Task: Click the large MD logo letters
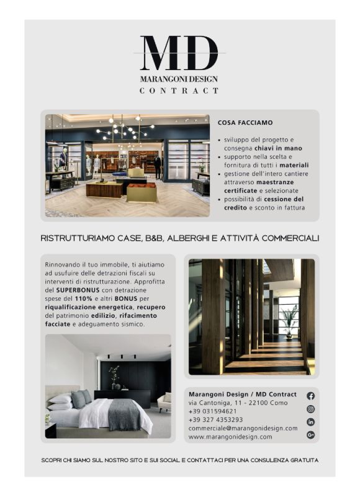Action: coord(179,54)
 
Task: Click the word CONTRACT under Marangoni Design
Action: coord(179,91)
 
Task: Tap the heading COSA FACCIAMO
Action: coord(245,123)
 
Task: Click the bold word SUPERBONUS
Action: coord(77,290)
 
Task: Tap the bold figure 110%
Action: coord(84,298)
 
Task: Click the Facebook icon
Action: coord(310,396)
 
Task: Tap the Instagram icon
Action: coord(310,409)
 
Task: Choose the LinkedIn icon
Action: coord(310,422)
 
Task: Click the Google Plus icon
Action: coord(310,435)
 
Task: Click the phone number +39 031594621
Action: coord(213,411)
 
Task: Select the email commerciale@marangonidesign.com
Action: coord(243,428)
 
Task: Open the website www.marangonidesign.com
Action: coord(230,437)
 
